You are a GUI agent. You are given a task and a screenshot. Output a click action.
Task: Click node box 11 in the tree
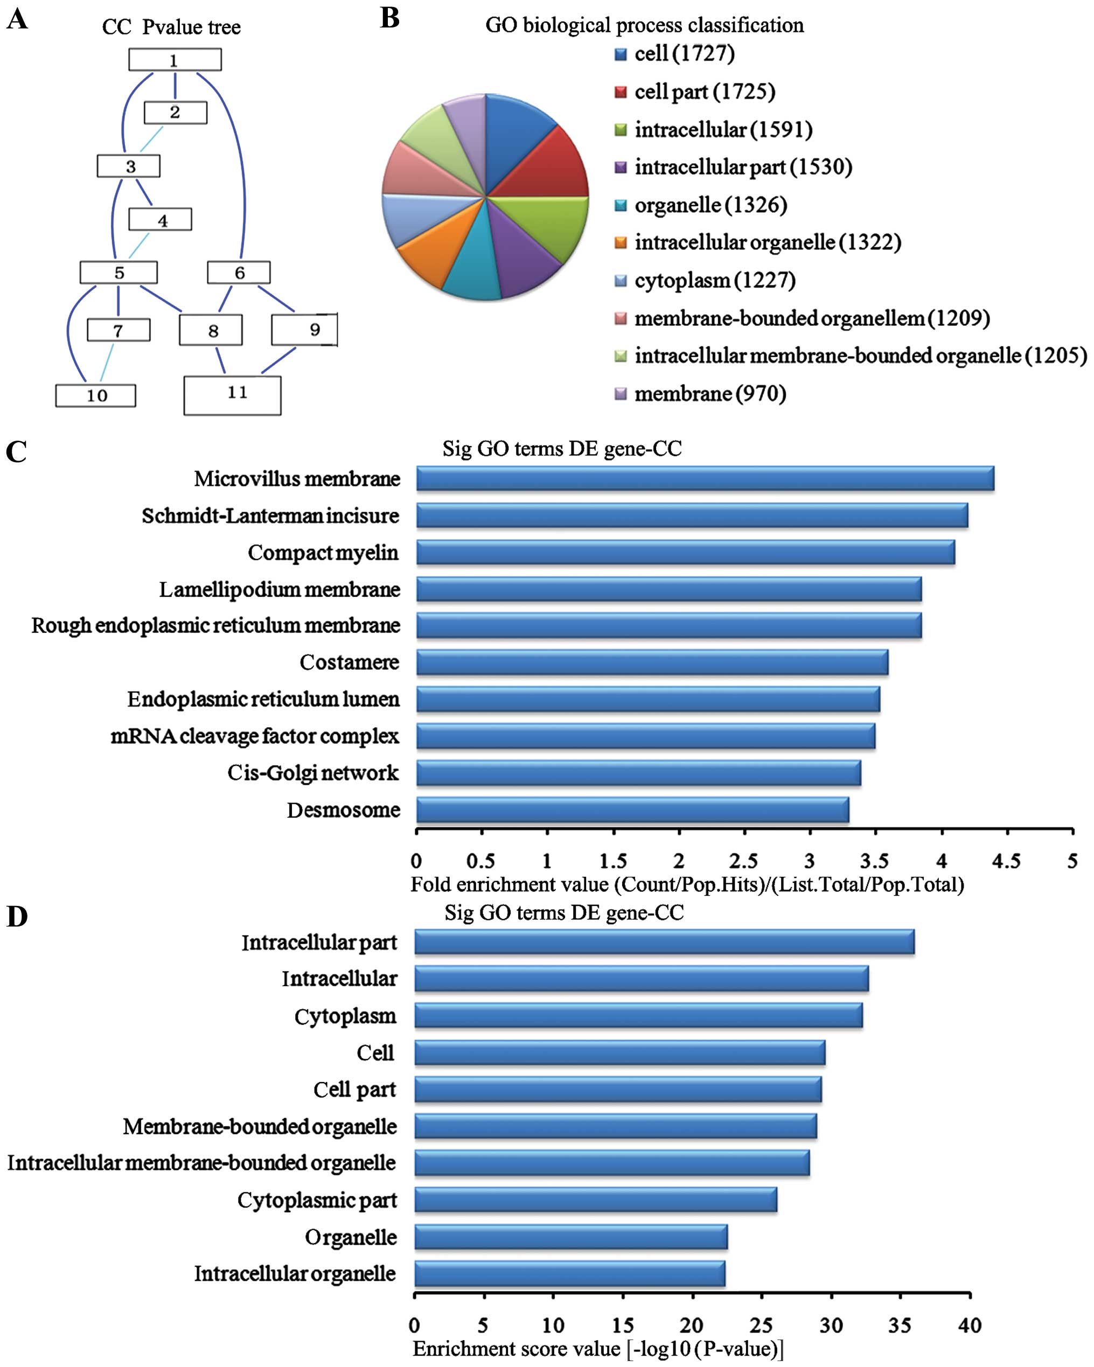point(232,396)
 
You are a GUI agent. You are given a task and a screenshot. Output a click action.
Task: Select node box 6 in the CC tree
point(239,273)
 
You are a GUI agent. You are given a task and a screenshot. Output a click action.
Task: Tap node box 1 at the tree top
point(175,60)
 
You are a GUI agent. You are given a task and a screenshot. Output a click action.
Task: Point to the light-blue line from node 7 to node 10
point(107,362)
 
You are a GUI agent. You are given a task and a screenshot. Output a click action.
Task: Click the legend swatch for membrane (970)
point(621,394)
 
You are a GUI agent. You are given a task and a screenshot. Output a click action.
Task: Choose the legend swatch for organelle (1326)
point(621,205)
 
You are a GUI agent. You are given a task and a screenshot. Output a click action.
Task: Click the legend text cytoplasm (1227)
point(715,280)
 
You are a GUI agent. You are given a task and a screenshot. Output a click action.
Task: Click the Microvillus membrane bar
point(705,479)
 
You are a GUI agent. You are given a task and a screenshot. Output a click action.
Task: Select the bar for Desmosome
point(632,810)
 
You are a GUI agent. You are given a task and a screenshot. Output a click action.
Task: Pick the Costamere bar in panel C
point(652,662)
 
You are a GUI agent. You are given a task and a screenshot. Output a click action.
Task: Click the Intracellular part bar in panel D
point(664,942)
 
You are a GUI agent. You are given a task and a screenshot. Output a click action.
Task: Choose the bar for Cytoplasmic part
point(596,1199)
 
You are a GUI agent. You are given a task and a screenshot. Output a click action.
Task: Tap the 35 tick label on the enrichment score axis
point(900,1325)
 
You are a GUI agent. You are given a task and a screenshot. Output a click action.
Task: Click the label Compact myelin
point(323,553)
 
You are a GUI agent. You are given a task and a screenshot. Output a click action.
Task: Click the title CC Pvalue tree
point(171,27)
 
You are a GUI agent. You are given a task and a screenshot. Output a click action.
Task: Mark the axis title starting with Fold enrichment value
point(687,884)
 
